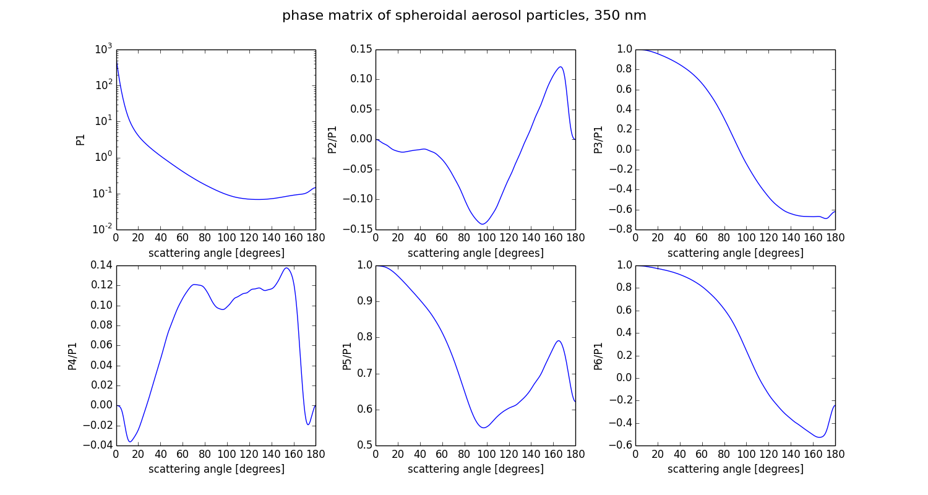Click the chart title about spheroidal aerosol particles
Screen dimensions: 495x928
tap(464, 16)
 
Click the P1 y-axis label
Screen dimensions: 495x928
tap(80, 140)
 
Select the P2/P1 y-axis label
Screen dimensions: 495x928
tap(332, 140)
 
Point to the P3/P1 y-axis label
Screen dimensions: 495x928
tap(598, 140)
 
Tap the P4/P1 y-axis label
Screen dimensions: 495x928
tap(72, 356)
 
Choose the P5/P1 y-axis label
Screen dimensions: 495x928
tap(347, 356)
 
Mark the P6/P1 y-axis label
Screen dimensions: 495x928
tap(598, 356)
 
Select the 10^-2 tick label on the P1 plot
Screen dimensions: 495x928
tap(101, 230)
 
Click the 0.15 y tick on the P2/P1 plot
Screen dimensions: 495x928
tap(360, 49)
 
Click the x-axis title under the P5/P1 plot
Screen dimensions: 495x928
tap(476, 469)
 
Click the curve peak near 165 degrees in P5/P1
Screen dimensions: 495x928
tap(559, 340)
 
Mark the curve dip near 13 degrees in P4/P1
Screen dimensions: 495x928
tap(131, 442)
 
